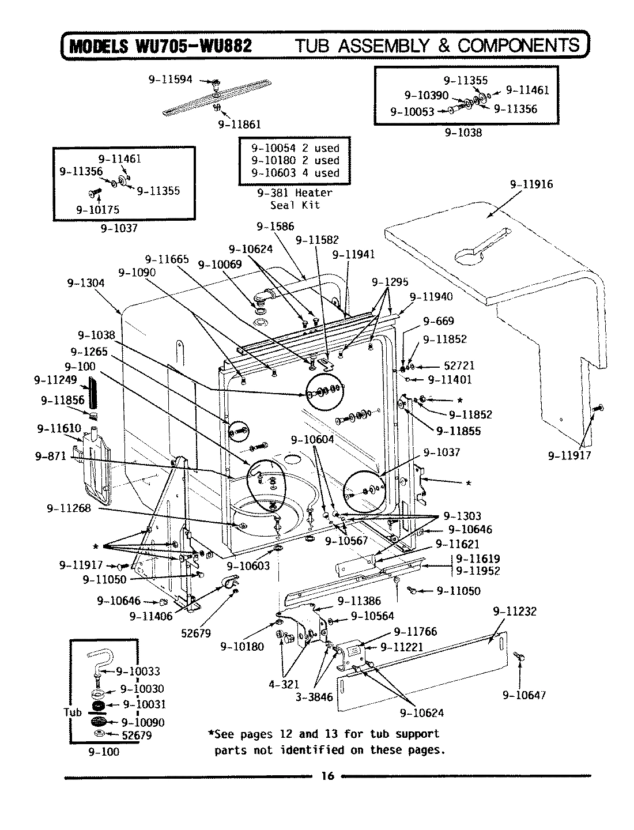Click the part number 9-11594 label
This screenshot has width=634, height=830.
point(170,80)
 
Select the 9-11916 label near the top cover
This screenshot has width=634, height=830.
point(531,184)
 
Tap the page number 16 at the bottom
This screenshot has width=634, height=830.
point(327,776)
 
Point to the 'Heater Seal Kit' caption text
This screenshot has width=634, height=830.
point(295,199)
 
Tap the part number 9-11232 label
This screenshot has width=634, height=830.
point(514,611)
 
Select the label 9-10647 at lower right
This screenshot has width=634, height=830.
point(523,695)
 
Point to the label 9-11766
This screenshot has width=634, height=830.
point(415,632)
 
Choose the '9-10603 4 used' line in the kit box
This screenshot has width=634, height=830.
point(295,172)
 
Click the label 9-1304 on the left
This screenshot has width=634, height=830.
point(86,283)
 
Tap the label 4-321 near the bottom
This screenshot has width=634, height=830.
point(284,684)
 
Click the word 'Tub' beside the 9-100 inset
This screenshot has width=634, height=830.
point(73,712)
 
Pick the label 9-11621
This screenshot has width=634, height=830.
point(457,544)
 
